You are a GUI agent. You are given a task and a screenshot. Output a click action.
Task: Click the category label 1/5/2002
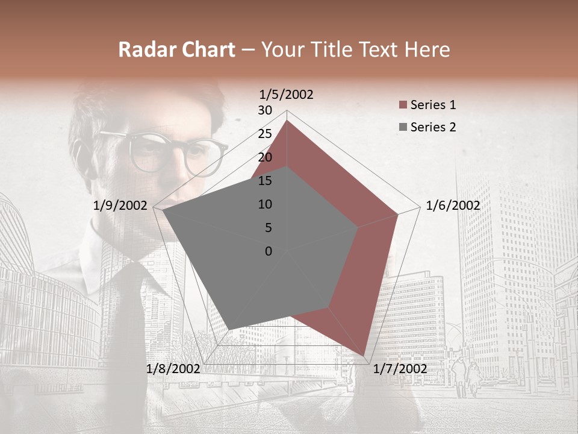coord(287,94)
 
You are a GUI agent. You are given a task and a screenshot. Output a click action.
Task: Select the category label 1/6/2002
coord(453,206)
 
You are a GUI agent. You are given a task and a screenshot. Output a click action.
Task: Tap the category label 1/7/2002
coord(400,369)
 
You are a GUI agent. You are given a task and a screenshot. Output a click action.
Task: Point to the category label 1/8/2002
coord(173,369)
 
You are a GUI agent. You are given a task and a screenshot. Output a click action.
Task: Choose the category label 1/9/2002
coord(120,206)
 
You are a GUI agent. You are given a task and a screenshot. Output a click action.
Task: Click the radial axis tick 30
coord(265,110)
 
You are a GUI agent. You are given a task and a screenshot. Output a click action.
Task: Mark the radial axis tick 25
coord(265,134)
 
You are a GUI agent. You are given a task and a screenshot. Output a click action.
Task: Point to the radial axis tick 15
coord(265,181)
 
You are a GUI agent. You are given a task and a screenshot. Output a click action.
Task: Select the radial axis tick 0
coord(269,251)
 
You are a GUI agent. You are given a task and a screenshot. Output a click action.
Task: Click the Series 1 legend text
coord(433,105)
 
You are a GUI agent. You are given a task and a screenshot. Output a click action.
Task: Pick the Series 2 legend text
coord(433,127)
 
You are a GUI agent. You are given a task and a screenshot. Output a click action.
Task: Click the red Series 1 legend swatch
coord(403,105)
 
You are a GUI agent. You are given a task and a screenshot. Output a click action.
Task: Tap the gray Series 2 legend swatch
coord(403,128)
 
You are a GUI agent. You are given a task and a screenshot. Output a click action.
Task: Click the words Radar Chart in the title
coord(176,50)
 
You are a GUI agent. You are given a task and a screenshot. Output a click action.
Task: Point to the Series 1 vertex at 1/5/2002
coord(287,121)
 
